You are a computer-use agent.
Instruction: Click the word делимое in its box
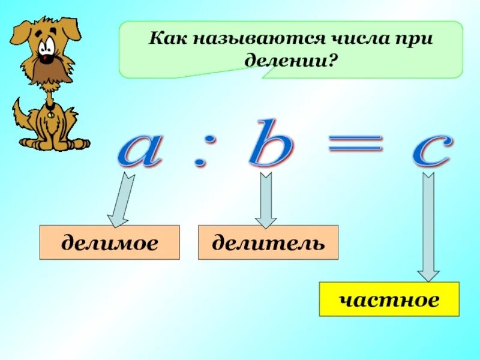(x=109, y=243)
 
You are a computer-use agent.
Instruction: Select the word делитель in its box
(x=268, y=243)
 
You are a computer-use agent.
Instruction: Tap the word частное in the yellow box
(x=389, y=299)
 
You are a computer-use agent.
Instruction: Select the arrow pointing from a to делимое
(x=121, y=198)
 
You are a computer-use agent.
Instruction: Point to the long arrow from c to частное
(x=428, y=228)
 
